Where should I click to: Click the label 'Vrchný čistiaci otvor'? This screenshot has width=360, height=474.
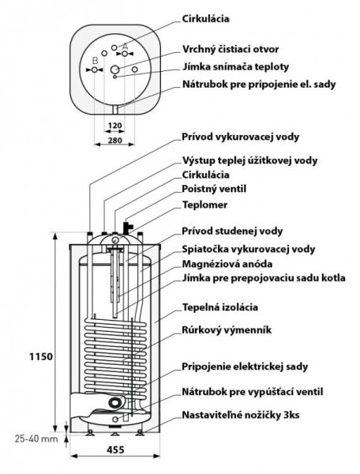[x=231, y=49]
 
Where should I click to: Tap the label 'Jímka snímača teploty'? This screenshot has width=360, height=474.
[x=235, y=67]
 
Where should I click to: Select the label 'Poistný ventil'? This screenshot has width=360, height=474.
[x=214, y=189]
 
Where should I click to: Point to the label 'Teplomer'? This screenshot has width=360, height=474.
[x=204, y=205]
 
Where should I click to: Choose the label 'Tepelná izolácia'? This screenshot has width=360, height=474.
[x=220, y=307]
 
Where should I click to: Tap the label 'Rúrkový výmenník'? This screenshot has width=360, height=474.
[x=227, y=329]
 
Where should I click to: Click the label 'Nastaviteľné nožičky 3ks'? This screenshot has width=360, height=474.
[x=241, y=415]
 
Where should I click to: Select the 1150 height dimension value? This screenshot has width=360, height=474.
[x=41, y=357]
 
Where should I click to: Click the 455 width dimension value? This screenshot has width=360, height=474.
[x=115, y=450]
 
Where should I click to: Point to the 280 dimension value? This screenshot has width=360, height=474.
[x=114, y=141]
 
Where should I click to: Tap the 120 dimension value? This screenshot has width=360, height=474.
[x=114, y=125]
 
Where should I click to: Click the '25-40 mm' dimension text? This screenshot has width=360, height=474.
[x=36, y=438]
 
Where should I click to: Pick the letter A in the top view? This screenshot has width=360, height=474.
[x=125, y=47]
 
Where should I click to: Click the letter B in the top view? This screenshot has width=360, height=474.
[x=95, y=61]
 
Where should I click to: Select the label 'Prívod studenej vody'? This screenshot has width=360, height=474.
[x=232, y=231]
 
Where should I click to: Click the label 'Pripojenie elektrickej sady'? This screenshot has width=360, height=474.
[x=245, y=367]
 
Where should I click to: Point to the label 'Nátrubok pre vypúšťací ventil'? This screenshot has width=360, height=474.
[x=253, y=392]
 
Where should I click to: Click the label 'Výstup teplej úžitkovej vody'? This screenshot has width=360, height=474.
[x=249, y=160]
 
